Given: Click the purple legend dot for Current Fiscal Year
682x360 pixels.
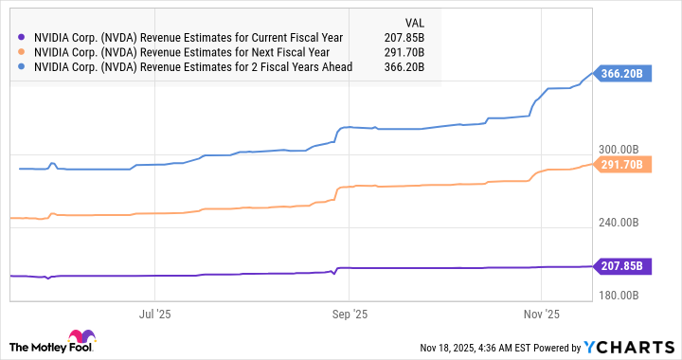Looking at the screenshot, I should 22,37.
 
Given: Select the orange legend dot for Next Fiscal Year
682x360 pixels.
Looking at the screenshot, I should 22,52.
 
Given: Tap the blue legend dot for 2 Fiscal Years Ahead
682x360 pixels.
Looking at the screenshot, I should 22,67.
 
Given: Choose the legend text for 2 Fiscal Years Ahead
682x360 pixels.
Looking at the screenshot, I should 192,67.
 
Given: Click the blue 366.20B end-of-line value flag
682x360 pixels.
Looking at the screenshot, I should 621,73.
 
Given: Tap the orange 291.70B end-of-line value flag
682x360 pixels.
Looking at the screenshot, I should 621,164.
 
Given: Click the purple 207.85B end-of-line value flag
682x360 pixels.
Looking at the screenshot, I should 621,266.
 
